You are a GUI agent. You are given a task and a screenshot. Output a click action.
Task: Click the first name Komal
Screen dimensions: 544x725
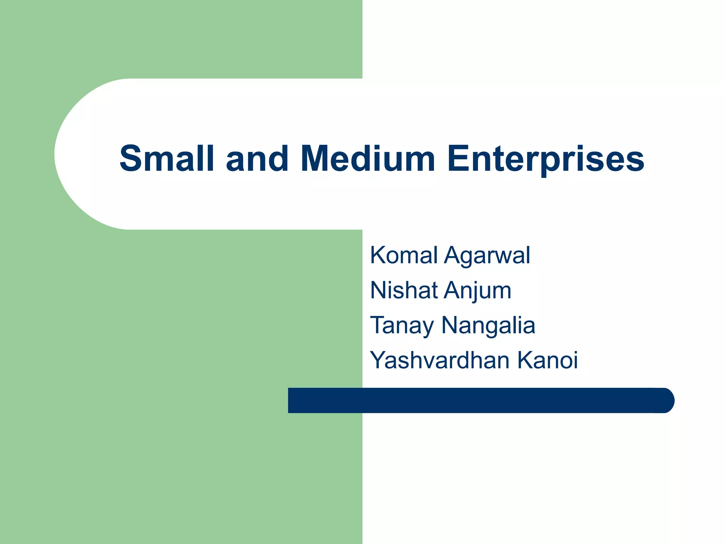pos(404,255)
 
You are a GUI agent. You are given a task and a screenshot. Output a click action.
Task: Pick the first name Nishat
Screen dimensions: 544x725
pos(404,290)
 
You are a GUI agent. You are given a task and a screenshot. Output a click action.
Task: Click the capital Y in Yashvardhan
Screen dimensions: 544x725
pos(379,360)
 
